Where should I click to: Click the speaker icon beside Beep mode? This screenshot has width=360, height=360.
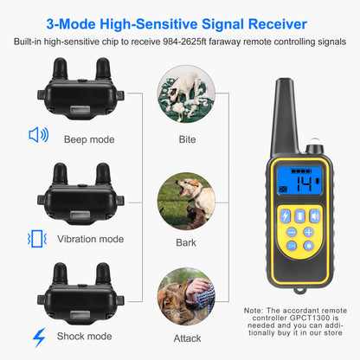tap(39, 135)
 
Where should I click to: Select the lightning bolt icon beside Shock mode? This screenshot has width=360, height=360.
tap(39, 337)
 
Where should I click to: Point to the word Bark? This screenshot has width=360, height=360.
tap(186, 243)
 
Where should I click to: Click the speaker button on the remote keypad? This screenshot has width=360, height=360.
tap(314, 215)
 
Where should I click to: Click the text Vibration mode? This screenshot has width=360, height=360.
tap(91, 239)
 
